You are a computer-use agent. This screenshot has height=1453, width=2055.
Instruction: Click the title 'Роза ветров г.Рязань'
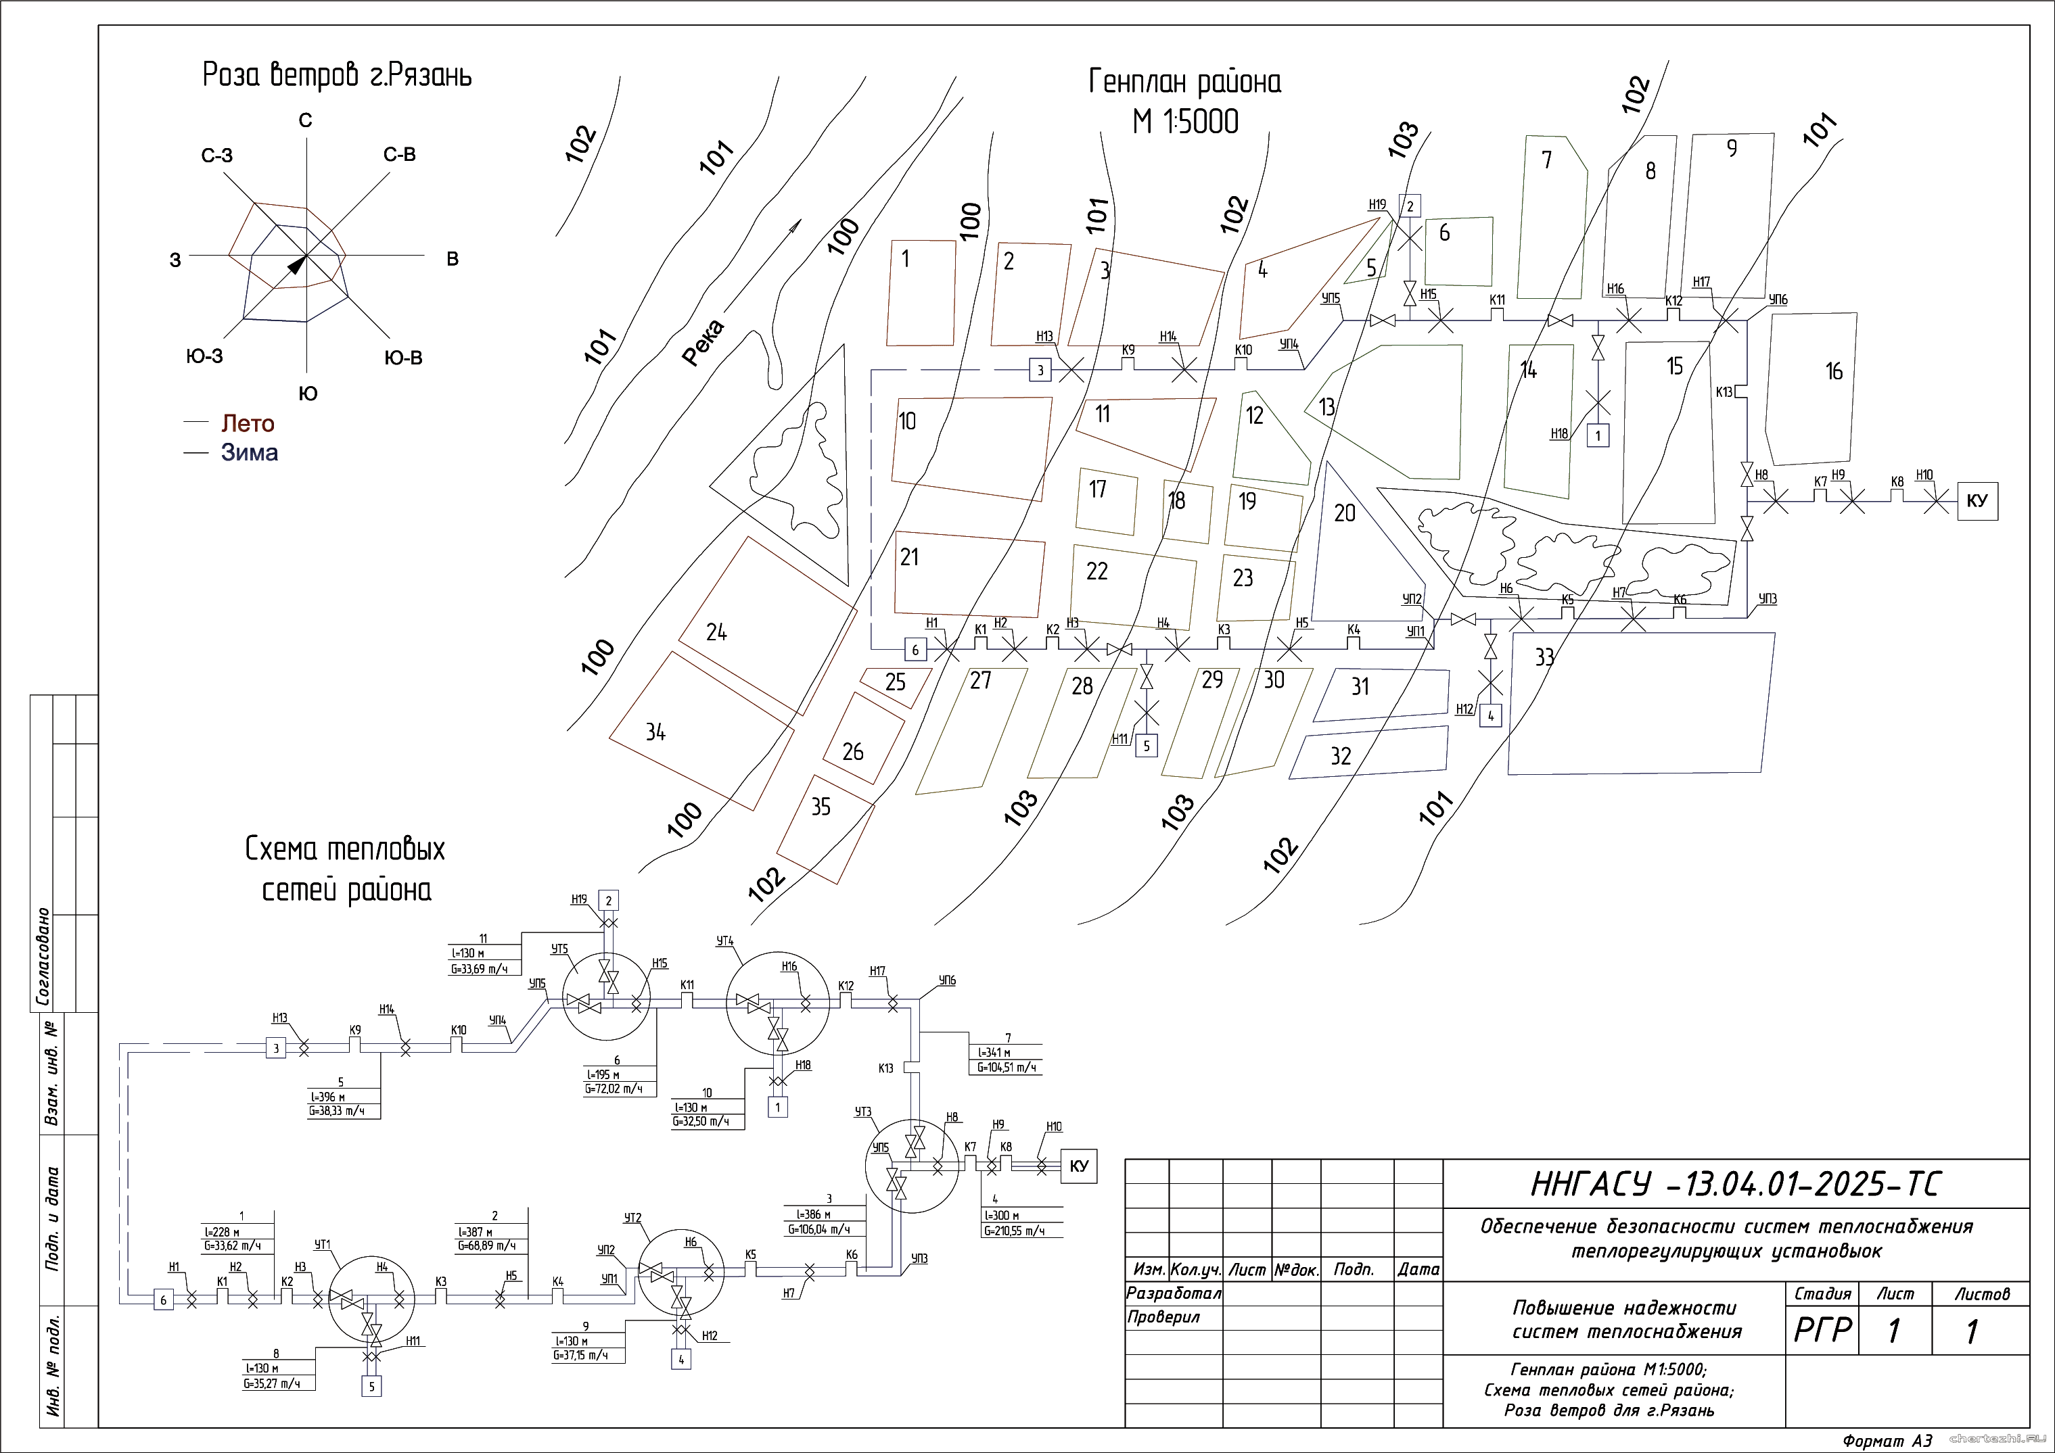[x=337, y=75]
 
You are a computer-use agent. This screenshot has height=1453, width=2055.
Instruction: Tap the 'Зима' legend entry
[x=249, y=453]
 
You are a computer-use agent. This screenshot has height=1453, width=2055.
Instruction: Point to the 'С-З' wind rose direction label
[x=216, y=156]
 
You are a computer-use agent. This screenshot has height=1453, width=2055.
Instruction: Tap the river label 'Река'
[x=703, y=343]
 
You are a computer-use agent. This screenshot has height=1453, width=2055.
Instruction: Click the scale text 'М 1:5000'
[x=1185, y=122]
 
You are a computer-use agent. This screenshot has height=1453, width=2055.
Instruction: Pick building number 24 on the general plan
[x=716, y=633]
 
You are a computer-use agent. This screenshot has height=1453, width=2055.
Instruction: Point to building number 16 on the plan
[x=1833, y=371]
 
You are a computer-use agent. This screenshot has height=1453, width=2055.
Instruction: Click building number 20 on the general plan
[x=1344, y=513]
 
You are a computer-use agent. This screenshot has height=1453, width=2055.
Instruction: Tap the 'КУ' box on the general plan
[x=1977, y=501]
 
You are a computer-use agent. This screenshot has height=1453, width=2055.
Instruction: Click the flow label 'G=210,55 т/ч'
[x=1014, y=1231]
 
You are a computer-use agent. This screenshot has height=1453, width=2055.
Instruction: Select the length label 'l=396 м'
[x=327, y=1097]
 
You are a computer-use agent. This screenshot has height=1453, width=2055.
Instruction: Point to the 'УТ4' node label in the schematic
[x=725, y=941]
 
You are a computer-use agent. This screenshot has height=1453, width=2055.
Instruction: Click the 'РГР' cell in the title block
[x=1822, y=1331]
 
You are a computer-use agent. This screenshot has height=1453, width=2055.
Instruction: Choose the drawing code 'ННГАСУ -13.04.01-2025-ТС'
[x=1736, y=1185]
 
